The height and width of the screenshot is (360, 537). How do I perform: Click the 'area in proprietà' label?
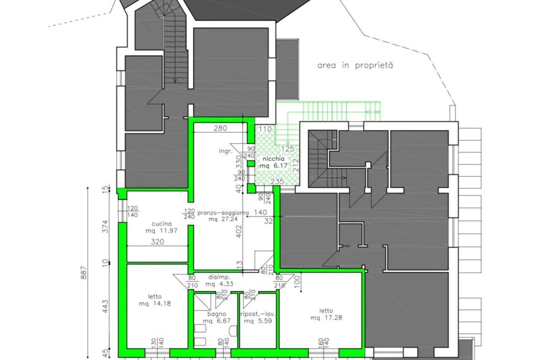355,65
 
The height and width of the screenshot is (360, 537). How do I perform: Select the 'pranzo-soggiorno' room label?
223,213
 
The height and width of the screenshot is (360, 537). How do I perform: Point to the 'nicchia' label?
274,159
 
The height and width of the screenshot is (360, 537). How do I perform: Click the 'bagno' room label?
217,314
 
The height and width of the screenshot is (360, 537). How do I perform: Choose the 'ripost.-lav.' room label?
258,314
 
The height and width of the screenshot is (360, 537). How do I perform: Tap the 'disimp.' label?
219,277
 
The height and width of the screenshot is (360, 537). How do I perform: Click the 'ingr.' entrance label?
226,151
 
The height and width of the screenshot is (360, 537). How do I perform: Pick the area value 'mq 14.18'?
155,304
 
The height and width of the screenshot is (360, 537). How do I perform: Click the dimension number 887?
84,273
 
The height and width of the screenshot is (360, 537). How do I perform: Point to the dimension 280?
220,128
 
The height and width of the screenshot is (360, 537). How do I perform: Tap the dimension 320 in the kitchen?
157,242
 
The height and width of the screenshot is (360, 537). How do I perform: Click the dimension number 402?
239,231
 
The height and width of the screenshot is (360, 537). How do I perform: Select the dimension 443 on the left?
105,306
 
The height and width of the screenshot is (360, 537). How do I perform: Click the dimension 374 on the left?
105,226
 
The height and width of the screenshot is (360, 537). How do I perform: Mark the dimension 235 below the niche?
277,181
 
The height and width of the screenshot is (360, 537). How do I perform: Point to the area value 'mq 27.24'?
223,219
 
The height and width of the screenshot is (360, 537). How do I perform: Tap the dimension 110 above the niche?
265,129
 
